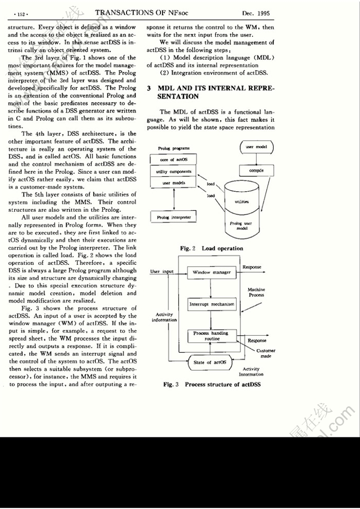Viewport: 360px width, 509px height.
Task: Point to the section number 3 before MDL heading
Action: point(149,88)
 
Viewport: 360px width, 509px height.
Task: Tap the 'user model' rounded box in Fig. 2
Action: point(256,146)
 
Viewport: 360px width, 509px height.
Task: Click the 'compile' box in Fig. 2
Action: point(256,171)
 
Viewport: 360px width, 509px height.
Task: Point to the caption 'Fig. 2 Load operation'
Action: point(211,248)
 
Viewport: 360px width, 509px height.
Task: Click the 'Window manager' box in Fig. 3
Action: point(212,272)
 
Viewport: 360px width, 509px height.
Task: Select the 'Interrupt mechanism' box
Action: point(212,304)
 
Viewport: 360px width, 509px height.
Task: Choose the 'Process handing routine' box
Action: point(211,336)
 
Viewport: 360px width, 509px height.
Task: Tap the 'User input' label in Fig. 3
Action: point(162,272)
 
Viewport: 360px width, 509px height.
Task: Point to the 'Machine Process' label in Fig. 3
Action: point(256,292)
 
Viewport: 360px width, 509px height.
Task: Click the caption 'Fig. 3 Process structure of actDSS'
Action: point(212,384)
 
